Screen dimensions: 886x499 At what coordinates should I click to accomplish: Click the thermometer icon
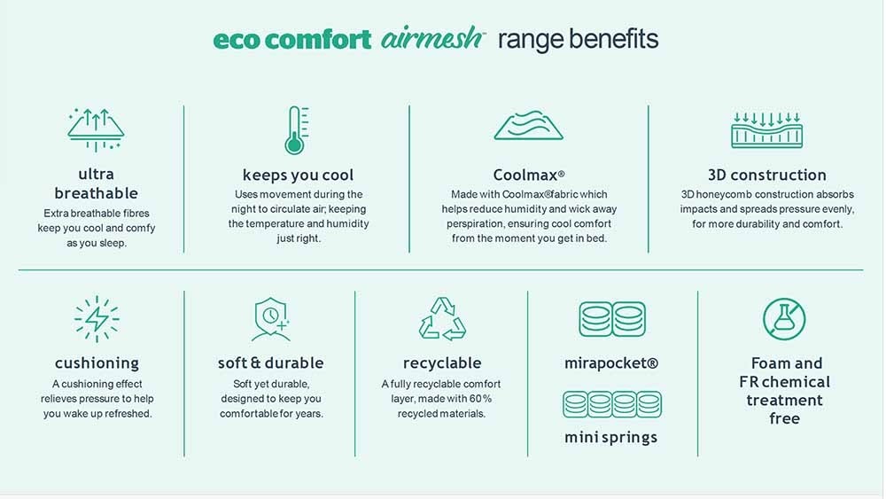295,130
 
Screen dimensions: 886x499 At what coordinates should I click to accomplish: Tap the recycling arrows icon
442,319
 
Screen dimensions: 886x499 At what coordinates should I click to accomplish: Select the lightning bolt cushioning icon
97,319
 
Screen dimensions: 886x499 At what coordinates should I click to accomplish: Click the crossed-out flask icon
784,319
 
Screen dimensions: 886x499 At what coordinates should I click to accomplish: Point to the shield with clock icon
271,319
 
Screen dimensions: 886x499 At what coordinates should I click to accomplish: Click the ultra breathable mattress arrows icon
96,130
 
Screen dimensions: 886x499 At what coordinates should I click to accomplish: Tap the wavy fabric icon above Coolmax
528,125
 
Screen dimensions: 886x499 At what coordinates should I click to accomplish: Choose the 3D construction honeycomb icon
766,130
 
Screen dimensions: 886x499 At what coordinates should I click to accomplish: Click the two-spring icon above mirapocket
612,319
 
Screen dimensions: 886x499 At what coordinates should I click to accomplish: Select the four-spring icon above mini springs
612,404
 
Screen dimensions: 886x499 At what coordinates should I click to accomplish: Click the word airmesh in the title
431,38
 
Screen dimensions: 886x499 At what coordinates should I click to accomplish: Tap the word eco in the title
237,41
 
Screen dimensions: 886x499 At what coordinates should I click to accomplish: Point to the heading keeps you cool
298,175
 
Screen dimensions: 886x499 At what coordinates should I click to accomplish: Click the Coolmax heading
529,175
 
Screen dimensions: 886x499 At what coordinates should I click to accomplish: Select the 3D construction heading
766,175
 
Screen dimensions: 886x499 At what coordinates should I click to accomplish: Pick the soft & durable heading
270,363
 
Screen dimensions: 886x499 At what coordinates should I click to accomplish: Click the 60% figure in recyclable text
480,399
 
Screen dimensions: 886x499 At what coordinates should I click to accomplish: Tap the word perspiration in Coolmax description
473,223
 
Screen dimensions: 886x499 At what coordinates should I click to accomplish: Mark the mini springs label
610,438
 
